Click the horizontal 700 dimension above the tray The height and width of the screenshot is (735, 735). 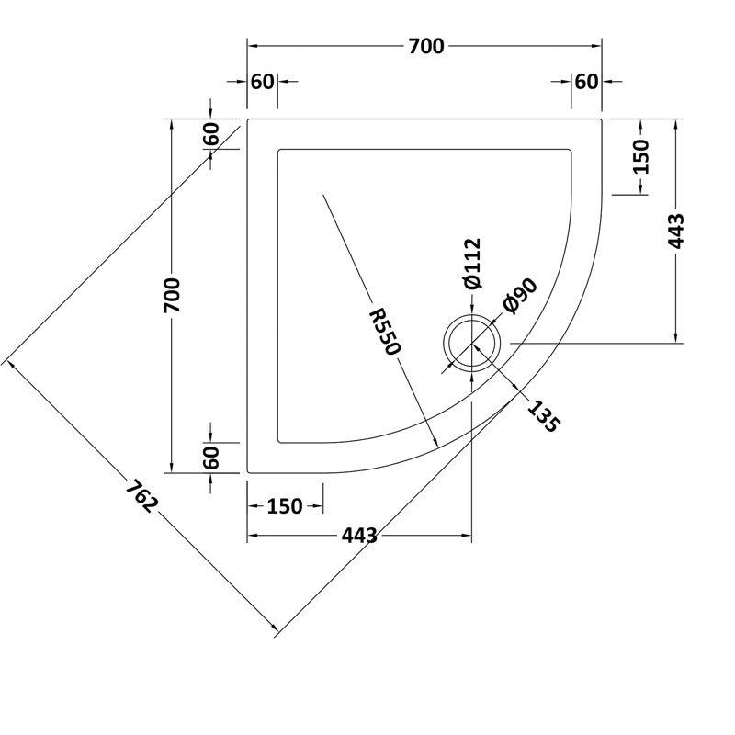pyautogui.click(x=425, y=46)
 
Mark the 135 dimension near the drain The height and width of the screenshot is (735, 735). pyautogui.click(x=542, y=415)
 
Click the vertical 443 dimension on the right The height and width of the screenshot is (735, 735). pyautogui.click(x=677, y=231)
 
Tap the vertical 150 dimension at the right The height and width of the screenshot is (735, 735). pyautogui.click(x=640, y=156)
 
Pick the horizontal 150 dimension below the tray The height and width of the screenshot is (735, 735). pyautogui.click(x=285, y=506)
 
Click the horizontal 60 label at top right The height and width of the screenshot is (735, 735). pyautogui.click(x=586, y=82)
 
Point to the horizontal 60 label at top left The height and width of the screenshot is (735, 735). pyautogui.click(x=262, y=82)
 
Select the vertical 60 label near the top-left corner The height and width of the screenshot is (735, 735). pyautogui.click(x=211, y=133)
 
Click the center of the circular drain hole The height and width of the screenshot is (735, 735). pyautogui.click(x=472, y=344)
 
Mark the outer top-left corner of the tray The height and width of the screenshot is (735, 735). pyautogui.click(x=248, y=119)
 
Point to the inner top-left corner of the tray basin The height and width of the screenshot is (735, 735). pyautogui.click(x=277, y=149)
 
